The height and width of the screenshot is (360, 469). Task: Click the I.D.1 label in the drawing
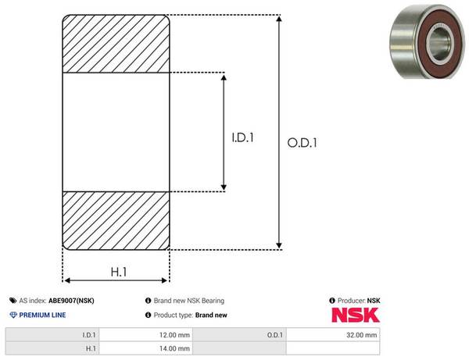click(x=242, y=137)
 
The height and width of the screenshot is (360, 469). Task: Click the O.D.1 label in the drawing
click(x=302, y=143)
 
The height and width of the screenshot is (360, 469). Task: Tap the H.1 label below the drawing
click(x=119, y=272)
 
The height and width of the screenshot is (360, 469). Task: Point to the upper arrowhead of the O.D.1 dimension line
click(x=279, y=19)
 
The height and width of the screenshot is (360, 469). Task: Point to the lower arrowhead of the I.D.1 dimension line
click(x=224, y=187)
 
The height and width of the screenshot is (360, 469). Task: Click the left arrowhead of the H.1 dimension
click(x=67, y=280)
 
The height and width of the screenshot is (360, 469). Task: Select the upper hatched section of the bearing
click(x=116, y=44)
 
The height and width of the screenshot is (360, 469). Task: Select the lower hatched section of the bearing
click(x=116, y=221)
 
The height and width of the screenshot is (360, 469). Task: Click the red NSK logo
click(x=356, y=315)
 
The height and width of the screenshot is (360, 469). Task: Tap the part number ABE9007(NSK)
click(x=71, y=301)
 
